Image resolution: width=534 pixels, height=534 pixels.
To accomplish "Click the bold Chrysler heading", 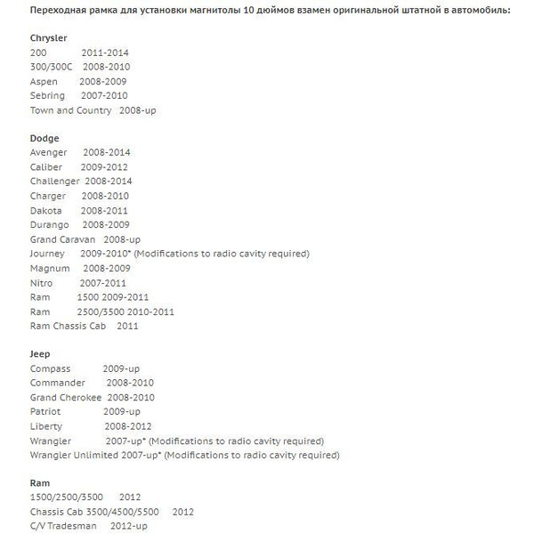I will (x=49, y=39).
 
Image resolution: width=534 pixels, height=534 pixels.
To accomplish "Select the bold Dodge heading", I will (x=44, y=139).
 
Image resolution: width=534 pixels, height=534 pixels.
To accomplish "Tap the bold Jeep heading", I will (x=40, y=354).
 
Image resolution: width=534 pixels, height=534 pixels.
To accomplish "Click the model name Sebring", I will (x=47, y=95).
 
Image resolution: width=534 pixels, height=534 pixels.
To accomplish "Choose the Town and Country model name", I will (x=70, y=110).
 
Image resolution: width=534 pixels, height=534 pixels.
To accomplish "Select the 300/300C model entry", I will (x=51, y=67).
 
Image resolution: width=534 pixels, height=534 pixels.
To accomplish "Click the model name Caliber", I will (x=46, y=166).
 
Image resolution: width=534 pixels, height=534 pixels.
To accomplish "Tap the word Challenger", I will (x=54, y=181).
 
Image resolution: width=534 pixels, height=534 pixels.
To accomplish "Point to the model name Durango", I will (x=49, y=224).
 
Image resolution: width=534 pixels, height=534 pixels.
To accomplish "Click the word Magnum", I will (x=49, y=268).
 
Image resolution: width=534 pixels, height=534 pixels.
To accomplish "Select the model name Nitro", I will (x=41, y=283).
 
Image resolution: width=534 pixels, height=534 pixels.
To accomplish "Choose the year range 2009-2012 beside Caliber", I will (x=105, y=166).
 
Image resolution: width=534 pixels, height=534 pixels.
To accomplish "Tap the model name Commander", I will (x=57, y=383).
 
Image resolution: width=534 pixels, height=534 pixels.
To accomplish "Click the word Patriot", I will (x=44, y=412).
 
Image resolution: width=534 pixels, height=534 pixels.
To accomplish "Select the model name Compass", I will (x=50, y=368).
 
